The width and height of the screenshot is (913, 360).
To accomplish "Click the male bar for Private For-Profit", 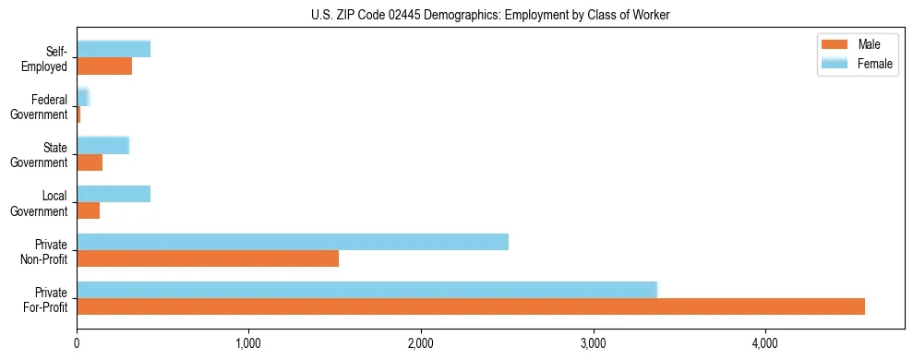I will click(471, 306).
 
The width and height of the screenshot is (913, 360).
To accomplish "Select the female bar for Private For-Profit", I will click(366, 290).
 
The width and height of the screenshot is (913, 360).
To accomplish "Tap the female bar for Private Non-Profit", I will click(293, 242).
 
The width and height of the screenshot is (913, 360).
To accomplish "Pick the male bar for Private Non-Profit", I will click(208, 258).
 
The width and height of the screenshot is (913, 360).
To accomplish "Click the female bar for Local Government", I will click(114, 194).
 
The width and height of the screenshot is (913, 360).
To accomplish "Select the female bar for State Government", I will click(103, 146).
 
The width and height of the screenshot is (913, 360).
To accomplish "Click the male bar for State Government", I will click(90, 162).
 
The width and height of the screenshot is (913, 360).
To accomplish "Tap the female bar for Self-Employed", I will click(114, 50).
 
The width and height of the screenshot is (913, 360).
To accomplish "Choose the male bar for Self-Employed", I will click(104, 66).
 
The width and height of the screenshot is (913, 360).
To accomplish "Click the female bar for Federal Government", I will click(82, 98).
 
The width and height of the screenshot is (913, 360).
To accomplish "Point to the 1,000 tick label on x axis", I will click(248, 343).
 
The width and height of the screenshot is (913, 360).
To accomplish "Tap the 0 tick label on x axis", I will click(77, 343).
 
